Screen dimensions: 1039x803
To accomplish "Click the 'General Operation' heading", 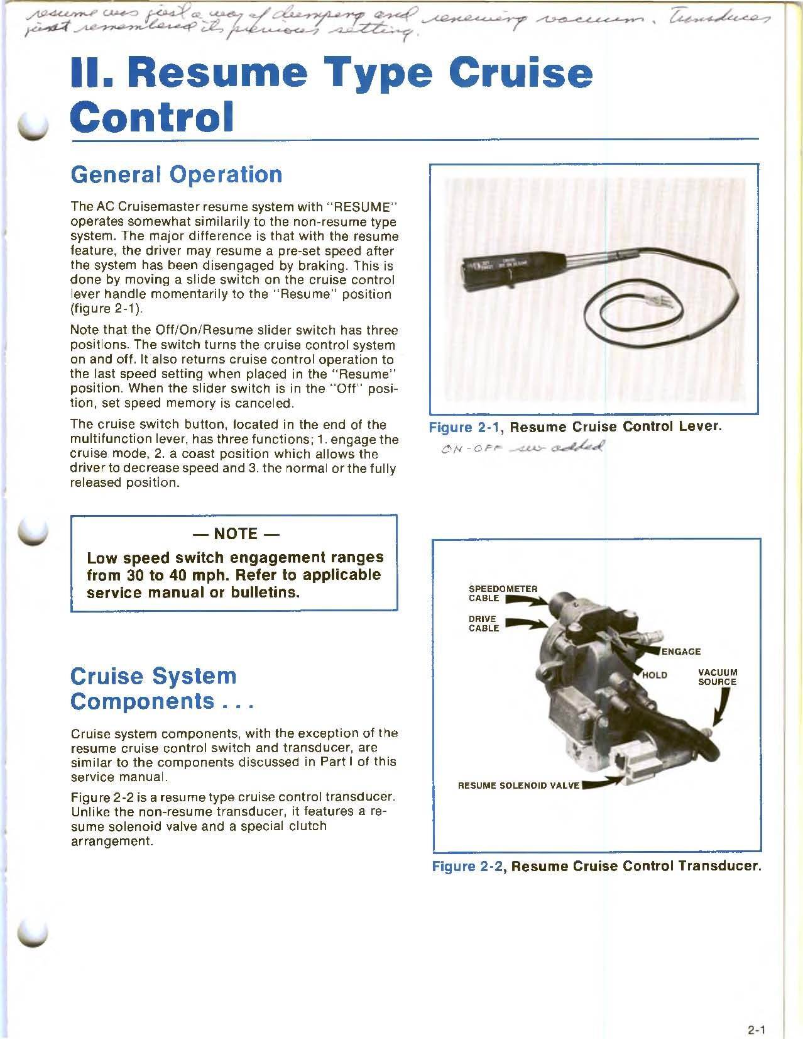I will (176, 174).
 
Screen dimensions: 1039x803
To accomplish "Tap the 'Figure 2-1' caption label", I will (466, 427).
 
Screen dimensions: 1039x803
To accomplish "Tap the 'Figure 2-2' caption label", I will (469, 866).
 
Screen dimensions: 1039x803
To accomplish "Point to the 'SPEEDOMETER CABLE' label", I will (503, 593).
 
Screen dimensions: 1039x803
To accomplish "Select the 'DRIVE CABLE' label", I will (484, 623).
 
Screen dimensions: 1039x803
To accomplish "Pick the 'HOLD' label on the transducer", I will (653, 675).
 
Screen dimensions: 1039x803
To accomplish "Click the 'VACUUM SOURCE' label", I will (717, 677).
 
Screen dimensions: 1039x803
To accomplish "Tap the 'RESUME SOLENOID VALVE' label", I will (518, 786).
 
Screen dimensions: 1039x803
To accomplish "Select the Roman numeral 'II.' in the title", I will (94, 74).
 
